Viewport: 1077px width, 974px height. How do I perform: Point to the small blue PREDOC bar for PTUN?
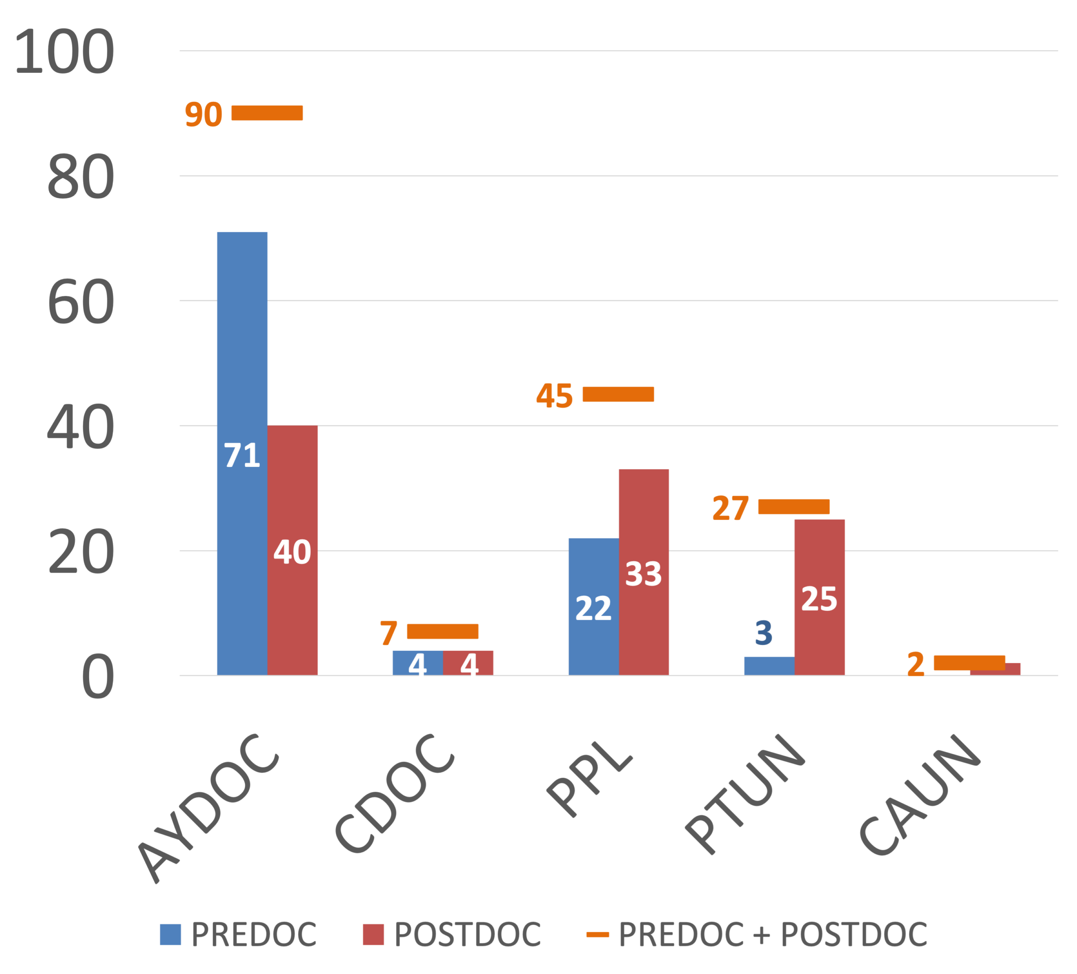coord(769,665)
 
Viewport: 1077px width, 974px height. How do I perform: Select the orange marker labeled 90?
coord(267,113)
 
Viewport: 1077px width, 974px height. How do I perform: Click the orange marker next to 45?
coord(618,394)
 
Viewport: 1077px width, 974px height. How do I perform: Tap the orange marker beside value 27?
coord(794,507)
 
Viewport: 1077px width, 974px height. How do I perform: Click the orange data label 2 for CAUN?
coord(916,664)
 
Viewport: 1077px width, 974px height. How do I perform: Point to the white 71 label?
coord(242,455)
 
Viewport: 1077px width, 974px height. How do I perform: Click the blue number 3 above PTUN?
coord(764,633)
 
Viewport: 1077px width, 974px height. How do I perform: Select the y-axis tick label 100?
coord(64,52)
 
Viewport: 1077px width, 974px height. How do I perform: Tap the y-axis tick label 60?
coord(81,303)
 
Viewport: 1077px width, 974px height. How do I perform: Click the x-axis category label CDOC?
coord(395,794)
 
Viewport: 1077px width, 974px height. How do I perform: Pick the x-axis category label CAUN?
coord(920,794)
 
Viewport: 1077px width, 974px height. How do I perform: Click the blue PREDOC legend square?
coord(170,934)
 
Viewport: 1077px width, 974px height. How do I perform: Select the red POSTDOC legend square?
coord(374,934)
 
